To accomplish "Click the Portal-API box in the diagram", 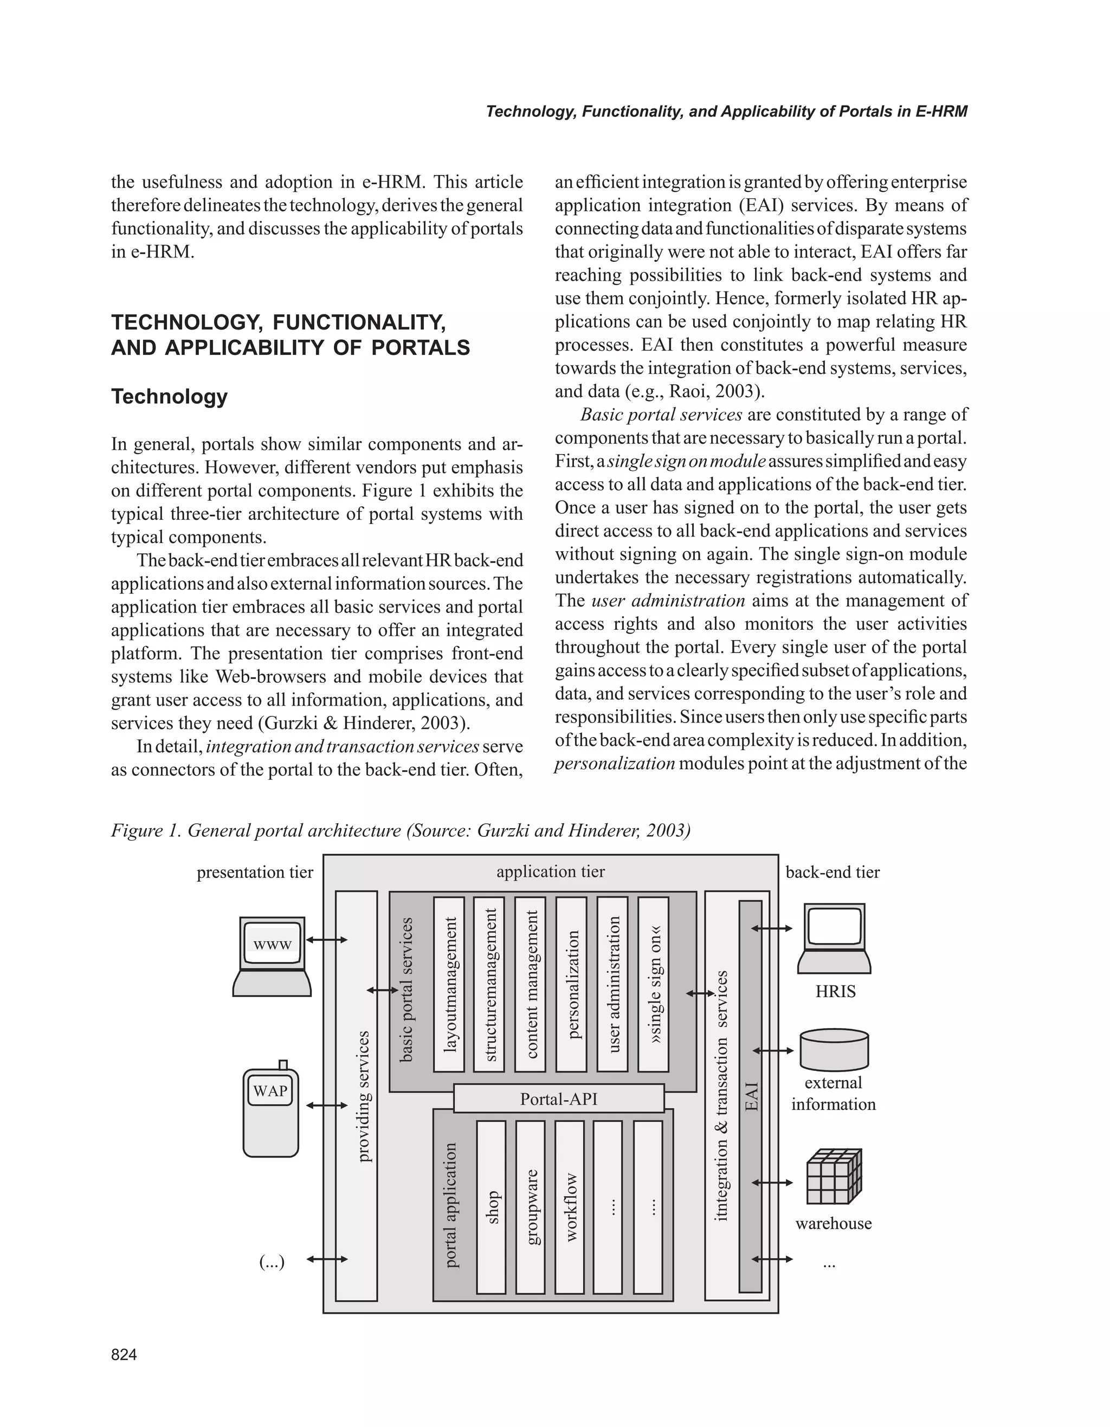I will (559, 1099).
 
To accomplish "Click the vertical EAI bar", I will (751, 1096).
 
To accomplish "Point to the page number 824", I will (124, 1354).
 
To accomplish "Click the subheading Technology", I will (169, 397).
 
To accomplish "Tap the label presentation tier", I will (255, 872).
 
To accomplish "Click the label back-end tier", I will (832, 872).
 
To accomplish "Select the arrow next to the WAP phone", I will (327, 1106).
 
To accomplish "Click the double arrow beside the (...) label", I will (327, 1259).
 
